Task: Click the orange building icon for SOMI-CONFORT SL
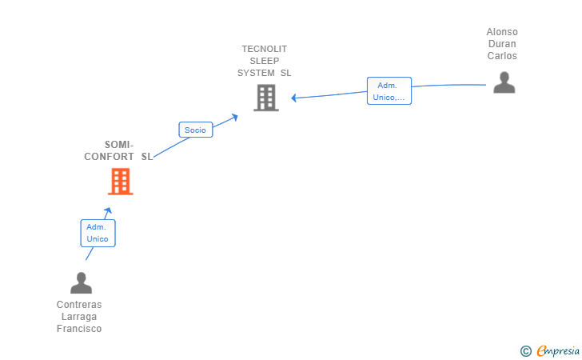(x=120, y=182)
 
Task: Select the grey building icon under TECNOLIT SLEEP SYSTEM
(x=265, y=98)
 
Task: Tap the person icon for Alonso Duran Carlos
(x=504, y=82)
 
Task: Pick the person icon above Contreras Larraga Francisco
(x=81, y=282)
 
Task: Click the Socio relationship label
(x=195, y=130)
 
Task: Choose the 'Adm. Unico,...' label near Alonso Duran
(x=389, y=91)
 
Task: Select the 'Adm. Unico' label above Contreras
(x=98, y=233)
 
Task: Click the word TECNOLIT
(x=265, y=49)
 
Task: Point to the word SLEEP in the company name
(x=265, y=61)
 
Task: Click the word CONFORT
(x=109, y=157)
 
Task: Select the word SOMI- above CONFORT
(x=119, y=145)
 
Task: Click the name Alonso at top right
(x=502, y=32)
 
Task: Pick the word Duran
(x=502, y=44)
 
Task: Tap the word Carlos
(x=502, y=56)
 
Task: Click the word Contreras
(x=79, y=305)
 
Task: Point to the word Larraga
(x=79, y=317)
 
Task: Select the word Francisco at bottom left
(x=79, y=329)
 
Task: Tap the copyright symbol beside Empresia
(x=525, y=350)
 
